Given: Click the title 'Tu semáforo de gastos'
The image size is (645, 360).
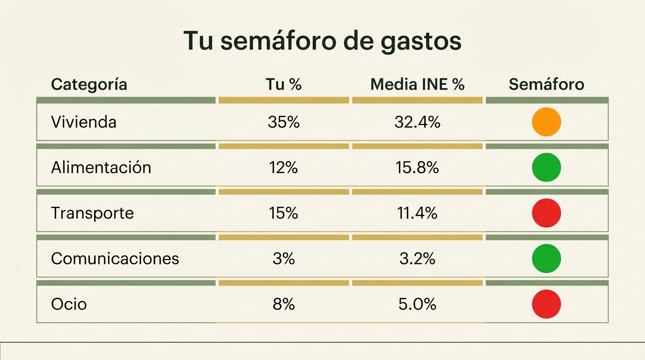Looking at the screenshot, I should tap(322, 41).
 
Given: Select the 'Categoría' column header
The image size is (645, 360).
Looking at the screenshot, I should tap(89, 84).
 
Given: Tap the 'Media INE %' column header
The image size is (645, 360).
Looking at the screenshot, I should tap(417, 84).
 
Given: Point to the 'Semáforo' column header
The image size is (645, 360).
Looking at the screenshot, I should tap(547, 84).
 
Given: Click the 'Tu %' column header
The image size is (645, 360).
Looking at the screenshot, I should tap(284, 84).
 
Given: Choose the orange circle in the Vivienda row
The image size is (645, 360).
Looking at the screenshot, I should tap(547, 122).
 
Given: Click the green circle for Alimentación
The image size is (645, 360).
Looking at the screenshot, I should tap(547, 167).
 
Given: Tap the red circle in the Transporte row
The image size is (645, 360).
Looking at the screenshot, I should tap(547, 213).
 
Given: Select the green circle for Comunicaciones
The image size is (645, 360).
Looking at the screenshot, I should tap(547, 258).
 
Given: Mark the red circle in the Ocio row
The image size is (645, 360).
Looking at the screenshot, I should tap(547, 304).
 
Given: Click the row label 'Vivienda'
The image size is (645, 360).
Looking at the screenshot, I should tap(83, 122).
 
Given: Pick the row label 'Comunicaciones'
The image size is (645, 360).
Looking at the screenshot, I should tap(115, 258).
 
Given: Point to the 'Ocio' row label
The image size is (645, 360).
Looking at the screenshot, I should tap(69, 304).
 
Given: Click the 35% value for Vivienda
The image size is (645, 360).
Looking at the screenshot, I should tap(284, 122).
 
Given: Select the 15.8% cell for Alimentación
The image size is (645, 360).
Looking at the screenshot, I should tap(417, 167).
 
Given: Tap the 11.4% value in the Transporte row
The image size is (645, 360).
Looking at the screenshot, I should tap(417, 213).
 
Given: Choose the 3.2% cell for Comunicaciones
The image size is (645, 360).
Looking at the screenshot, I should tap(417, 258).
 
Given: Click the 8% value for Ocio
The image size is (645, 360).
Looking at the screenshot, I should tap(284, 304).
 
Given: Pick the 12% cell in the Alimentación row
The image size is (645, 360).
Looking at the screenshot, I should tap(284, 167).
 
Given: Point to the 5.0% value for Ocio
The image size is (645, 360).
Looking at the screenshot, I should tap(417, 304).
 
